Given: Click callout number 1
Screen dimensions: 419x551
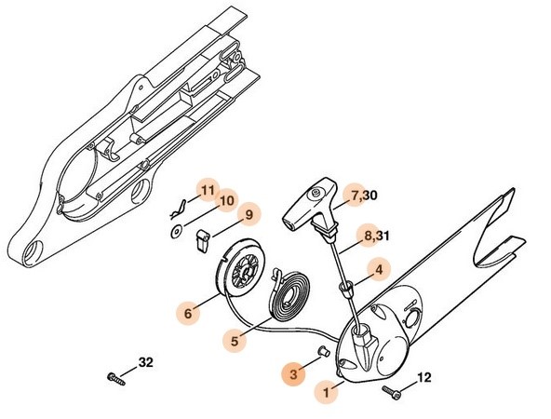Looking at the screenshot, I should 327,393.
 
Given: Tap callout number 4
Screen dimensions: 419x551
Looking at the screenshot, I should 378,270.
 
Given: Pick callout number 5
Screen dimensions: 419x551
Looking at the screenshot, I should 235,342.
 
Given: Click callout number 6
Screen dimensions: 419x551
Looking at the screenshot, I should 188,314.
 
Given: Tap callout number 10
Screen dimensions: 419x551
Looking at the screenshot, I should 226,201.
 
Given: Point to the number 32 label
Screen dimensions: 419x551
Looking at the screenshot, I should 146,361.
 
